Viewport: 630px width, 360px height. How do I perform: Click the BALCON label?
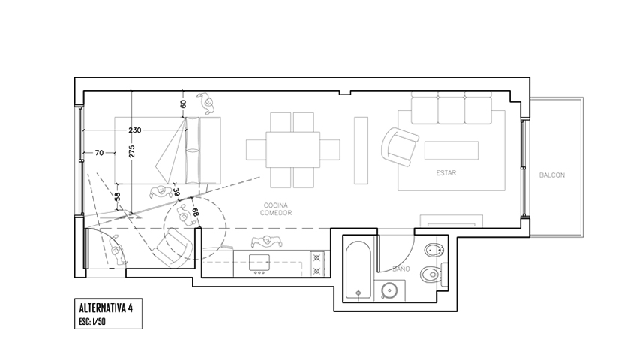coord(552,175)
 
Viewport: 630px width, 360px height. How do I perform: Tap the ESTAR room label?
coord(446,172)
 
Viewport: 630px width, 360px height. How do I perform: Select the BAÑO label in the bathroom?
coord(401,268)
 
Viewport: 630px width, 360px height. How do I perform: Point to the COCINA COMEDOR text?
coord(276,209)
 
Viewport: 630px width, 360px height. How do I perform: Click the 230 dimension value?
coord(134,130)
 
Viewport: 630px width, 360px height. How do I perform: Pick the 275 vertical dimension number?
coord(132,151)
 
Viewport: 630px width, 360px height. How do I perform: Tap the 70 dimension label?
coord(99,153)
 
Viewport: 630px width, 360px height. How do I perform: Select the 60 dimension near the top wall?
coord(183,104)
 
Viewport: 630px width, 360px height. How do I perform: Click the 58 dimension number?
coord(117,197)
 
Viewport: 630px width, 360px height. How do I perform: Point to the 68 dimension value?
coord(196,212)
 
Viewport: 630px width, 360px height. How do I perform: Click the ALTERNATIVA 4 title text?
coord(106,307)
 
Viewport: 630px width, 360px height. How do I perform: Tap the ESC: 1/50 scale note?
coord(92,322)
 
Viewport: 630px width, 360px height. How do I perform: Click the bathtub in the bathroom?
coord(358,269)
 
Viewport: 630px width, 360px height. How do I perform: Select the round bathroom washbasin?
coord(389,289)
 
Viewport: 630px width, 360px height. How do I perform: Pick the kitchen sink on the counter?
coord(259,262)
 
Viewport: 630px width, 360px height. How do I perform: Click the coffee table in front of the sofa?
coord(451,151)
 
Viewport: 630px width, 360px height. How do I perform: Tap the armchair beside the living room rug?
coord(400,146)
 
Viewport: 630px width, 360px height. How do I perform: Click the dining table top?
coord(293,149)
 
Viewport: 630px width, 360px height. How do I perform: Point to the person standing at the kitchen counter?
coord(266,241)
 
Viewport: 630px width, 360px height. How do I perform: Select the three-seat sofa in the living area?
coord(451,108)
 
